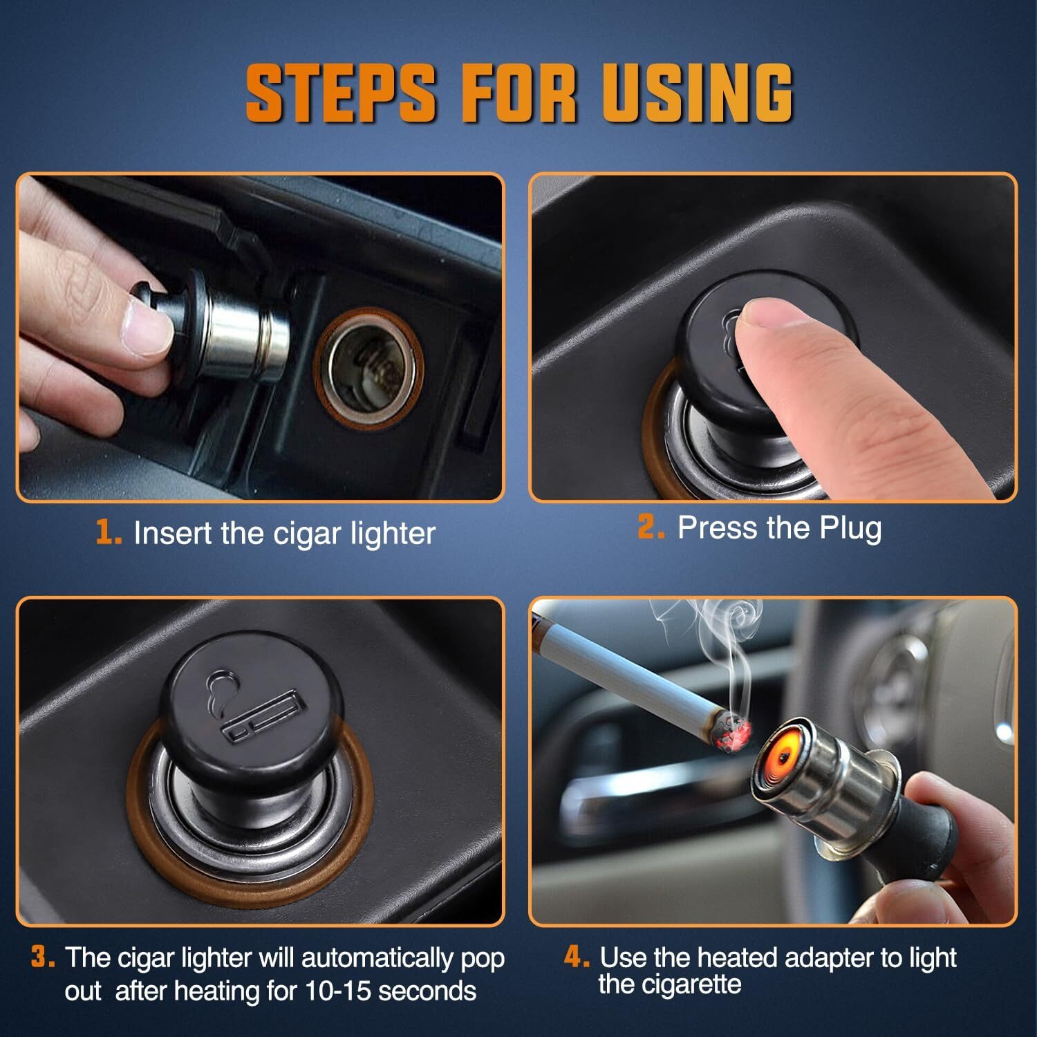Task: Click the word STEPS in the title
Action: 341,92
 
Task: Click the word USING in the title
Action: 696,92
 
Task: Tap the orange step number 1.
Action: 109,533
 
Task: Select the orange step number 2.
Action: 651,527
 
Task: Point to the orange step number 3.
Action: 43,958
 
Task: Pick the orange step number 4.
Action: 576,958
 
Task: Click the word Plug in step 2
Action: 850,528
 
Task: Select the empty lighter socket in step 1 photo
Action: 368,368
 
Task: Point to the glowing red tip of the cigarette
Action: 735,731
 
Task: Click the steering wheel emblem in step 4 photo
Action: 899,671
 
